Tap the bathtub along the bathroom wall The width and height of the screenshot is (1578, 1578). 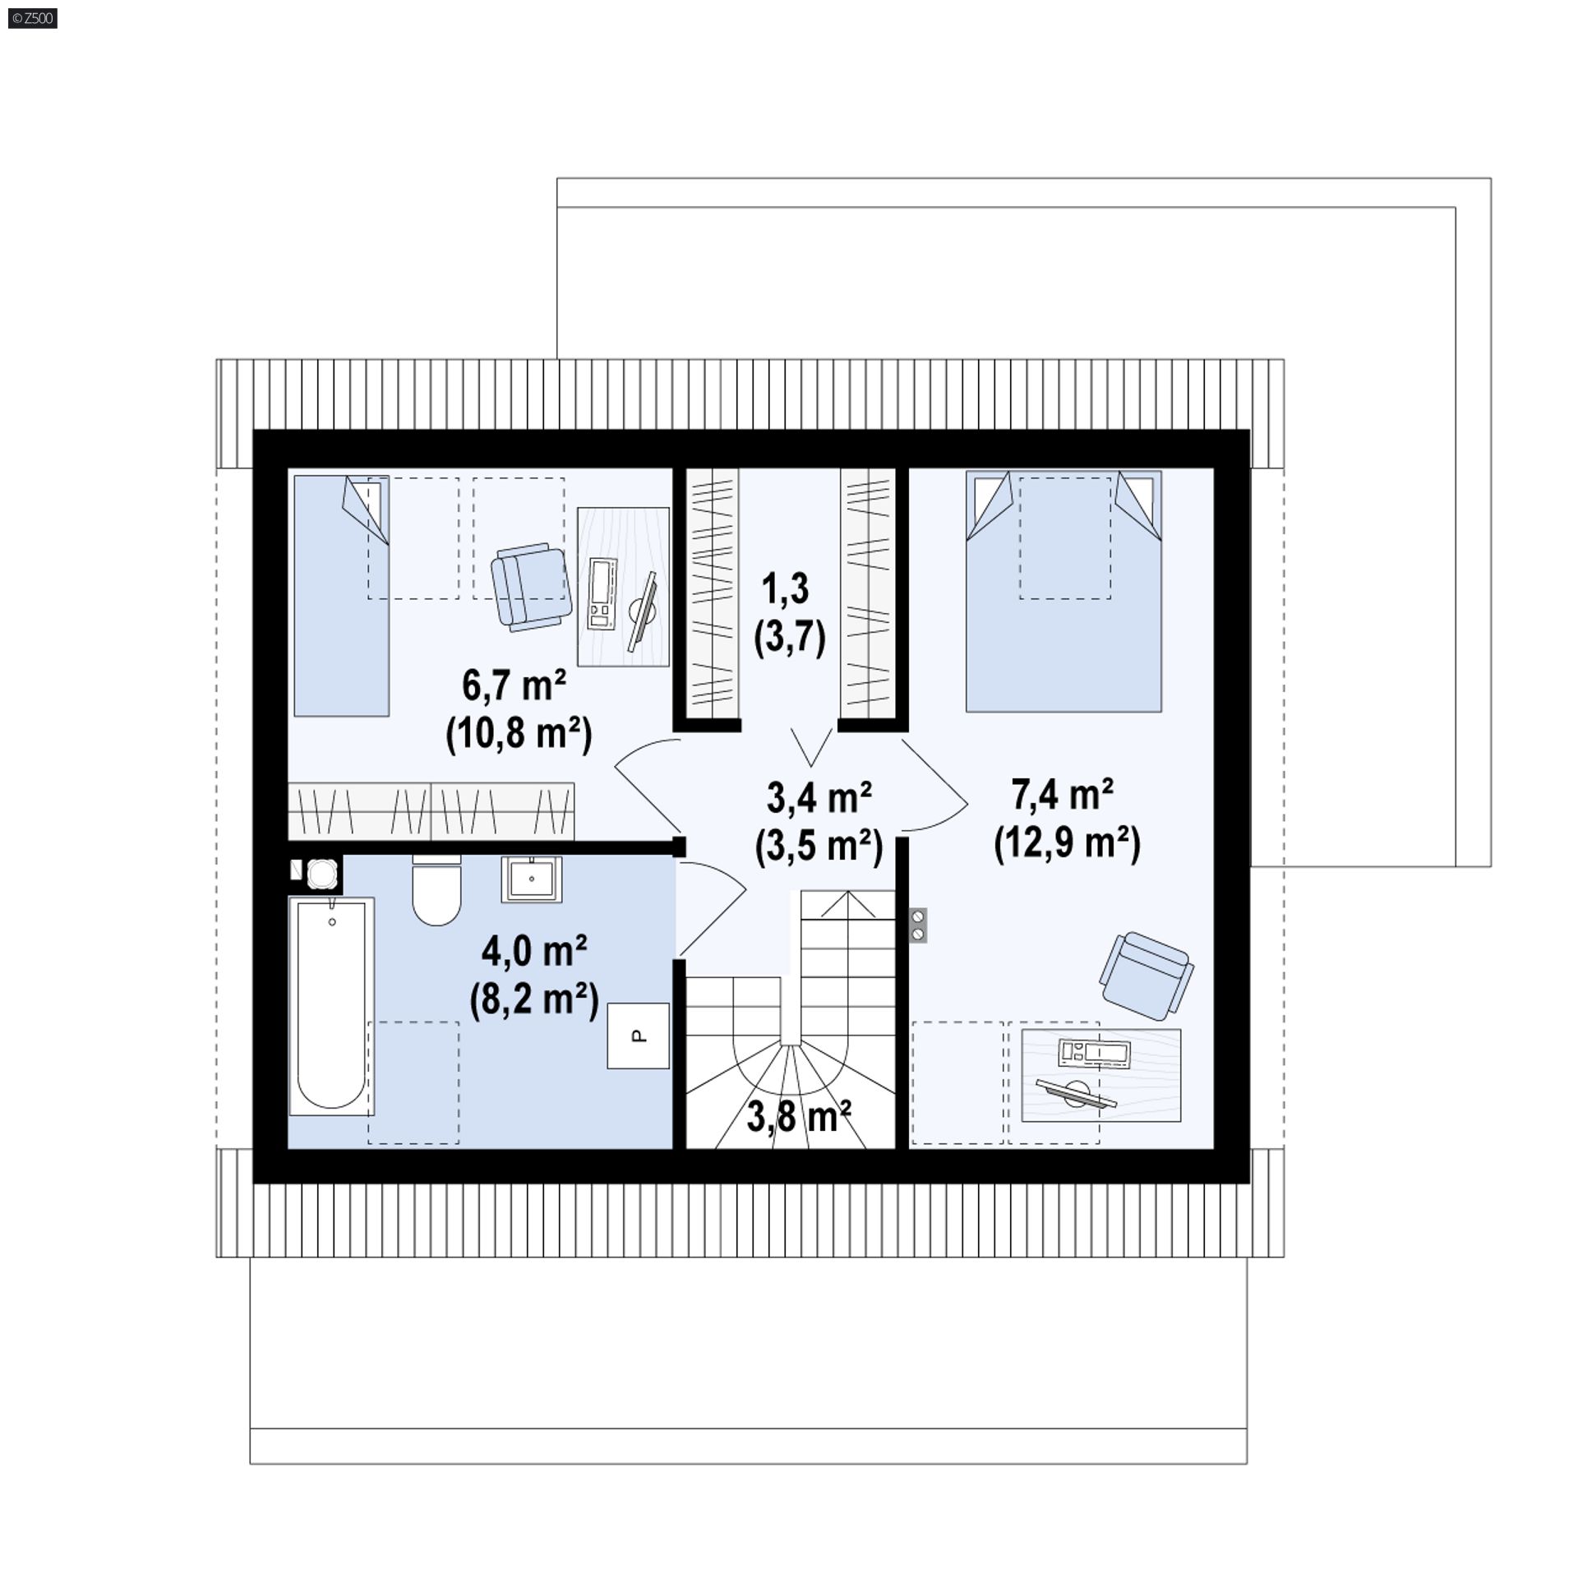pos(331,1006)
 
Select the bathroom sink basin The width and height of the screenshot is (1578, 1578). pos(532,879)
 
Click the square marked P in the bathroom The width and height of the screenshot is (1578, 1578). pos(638,1036)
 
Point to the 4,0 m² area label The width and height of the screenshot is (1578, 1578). pos(534,951)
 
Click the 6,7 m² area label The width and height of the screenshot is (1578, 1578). pos(514,685)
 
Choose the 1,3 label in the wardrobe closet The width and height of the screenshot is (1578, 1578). pos(786,589)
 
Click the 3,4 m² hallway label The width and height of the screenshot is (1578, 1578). pos(819,797)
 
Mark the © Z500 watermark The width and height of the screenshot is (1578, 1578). pos(31,18)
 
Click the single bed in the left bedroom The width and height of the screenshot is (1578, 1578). pos(341,596)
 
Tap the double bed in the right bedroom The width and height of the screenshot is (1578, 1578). pos(1064,591)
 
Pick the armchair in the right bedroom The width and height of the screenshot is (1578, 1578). pos(1147,976)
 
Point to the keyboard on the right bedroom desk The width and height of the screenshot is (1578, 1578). pos(1094,1052)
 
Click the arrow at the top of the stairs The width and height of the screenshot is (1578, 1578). pos(848,905)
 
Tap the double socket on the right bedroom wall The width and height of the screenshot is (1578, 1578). pos(918,925)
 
